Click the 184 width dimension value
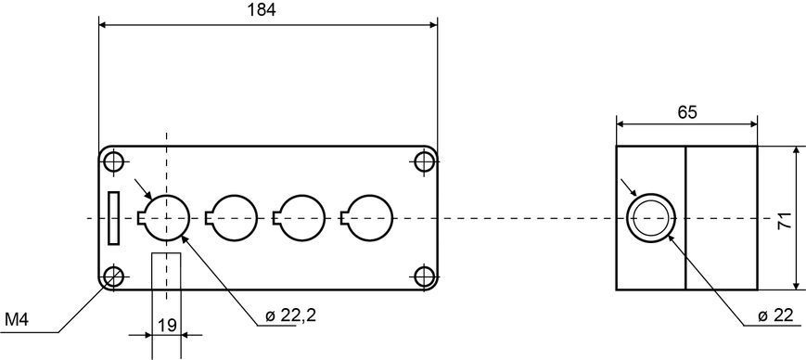262,10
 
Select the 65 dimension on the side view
686,112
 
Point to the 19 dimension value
168,325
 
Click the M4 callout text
17,320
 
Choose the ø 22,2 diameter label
290,316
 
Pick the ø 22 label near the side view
775,315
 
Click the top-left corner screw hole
113,161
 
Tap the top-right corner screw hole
425,161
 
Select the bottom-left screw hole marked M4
113,276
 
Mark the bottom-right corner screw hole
425,276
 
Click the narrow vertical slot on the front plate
113,218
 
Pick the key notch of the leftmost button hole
140,219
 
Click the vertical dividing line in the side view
685,218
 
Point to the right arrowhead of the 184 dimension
432,24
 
